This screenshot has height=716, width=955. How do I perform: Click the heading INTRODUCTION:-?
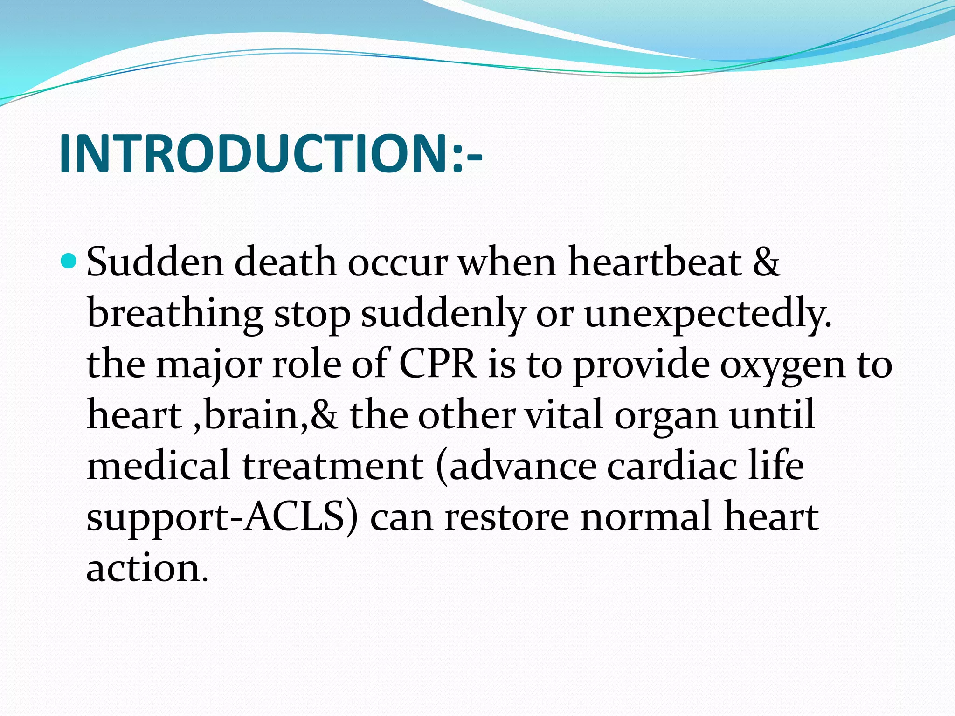(270, 154)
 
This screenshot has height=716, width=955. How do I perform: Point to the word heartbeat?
(655, 262)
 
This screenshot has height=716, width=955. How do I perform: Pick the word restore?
(506, 517)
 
